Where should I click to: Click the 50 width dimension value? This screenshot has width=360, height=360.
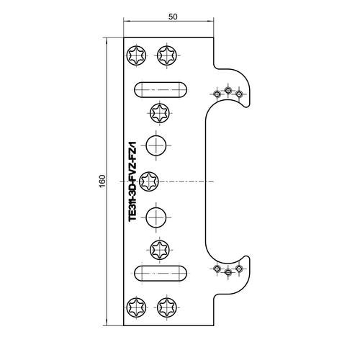tap(173, 17)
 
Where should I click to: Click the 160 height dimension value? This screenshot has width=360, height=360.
tap(102, 181)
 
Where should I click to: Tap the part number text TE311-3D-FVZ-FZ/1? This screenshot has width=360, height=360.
tap(132, 181)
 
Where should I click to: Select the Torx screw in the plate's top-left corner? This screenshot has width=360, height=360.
tap(136, 55)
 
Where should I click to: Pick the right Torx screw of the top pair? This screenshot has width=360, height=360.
tap(167, 55)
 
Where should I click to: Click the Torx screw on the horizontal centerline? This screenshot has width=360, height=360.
tap(149, 181)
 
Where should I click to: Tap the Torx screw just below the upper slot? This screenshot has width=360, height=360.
tap(160, 113)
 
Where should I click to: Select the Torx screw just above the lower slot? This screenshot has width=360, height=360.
tap(160, 250)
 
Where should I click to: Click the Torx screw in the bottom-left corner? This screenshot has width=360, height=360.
tap(136, 307)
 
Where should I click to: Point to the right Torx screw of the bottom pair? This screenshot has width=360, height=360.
tap(167, 307)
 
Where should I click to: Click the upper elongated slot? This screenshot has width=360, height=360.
tap(161, 90)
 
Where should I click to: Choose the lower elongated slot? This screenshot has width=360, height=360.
tap(161, 273)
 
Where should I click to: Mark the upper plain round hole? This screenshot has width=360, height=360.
tap(156, 145)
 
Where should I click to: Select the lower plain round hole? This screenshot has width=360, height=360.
tap(156, 217)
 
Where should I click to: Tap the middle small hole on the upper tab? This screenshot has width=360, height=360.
tap(228, 91)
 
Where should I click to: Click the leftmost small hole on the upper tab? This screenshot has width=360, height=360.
tap(217, 94)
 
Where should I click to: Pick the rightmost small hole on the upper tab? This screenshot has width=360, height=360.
tap(238, 94)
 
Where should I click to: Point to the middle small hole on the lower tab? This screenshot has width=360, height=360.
tap(228, 272)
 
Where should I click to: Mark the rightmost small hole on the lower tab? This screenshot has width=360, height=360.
tap(238, 269)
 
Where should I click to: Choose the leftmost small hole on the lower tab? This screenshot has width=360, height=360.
tap(217, 269)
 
